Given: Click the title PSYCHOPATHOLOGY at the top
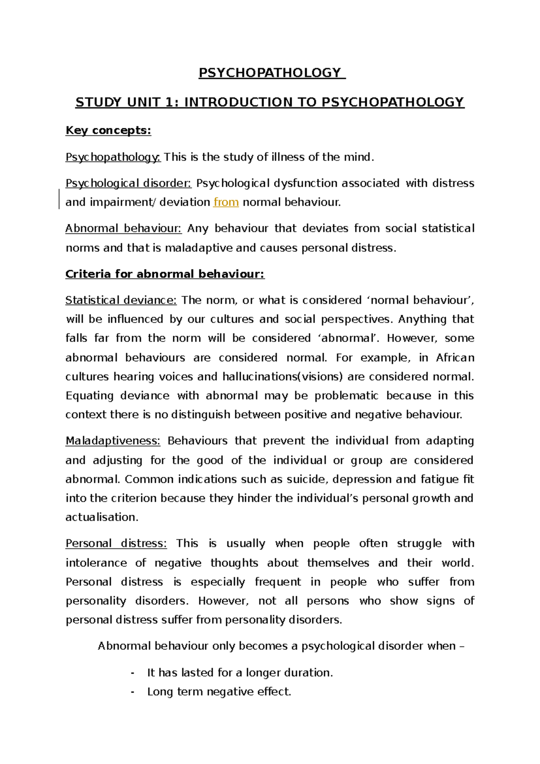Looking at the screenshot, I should tap(270, 73).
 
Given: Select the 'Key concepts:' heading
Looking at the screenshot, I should tap(108, 131).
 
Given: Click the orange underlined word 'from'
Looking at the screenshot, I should tap(226, 202).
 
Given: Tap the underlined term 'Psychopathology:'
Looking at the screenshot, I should tap(113, 157).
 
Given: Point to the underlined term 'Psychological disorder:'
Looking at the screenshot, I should tap(128, 183).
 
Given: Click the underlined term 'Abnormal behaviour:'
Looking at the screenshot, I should tap(123, 228).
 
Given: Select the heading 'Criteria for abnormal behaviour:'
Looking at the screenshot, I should tap(165, 274).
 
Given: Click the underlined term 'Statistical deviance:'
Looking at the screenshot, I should tap(121, 300).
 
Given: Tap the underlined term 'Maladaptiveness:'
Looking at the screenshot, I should tap(113, 441).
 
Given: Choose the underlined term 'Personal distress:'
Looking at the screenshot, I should tap(116, 543).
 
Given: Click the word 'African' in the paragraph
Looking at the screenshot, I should tap(455, 358).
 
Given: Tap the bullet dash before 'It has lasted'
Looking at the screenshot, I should tap(132, 673).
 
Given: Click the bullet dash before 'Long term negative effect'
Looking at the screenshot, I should tap(132, 692).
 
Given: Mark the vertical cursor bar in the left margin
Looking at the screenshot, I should tap(59, 200).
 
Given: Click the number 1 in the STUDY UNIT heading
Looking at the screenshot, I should tap(169, 103).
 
